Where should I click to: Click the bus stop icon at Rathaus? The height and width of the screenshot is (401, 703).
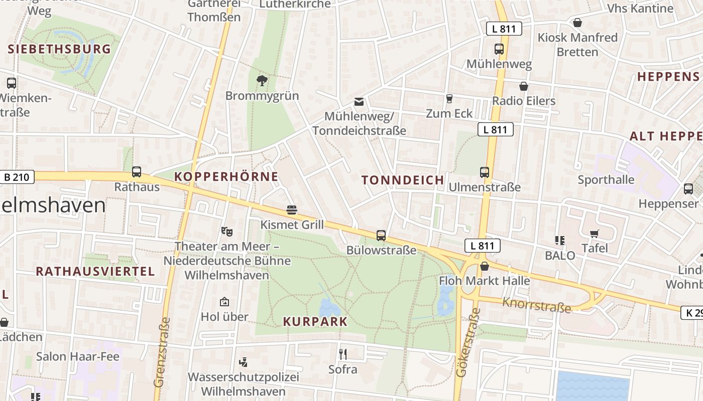point(136,172)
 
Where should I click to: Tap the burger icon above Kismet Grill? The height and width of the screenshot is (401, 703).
point(292,210)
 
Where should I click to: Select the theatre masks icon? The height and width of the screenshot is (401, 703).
point(227,232)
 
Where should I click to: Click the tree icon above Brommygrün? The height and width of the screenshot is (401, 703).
point(262,80)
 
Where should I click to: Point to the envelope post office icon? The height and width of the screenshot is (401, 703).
point(359,102)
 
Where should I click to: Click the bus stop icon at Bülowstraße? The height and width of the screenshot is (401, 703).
point(381,235)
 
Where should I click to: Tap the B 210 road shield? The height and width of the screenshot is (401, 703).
point(17,177)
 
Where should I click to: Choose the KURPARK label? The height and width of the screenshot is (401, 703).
point(315,322)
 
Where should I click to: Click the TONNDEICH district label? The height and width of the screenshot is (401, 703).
point(403,180)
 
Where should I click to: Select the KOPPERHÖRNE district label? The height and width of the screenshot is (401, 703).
point(226,176)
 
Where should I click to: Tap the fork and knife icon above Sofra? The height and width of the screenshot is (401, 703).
point(343,354)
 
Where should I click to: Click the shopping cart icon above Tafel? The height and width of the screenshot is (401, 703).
point(595,234)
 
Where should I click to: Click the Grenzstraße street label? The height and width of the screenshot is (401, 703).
point(162,352)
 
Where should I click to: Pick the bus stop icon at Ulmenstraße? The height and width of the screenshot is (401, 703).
point(485,172)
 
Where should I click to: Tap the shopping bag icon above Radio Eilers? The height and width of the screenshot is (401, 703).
point(524,86)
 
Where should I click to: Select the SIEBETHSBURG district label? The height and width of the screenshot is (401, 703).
point(59,49)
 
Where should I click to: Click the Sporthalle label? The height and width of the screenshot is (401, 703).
point(606,180)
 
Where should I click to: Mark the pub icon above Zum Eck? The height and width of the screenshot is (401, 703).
point(449,99)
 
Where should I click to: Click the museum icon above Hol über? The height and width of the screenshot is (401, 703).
point(224,302)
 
